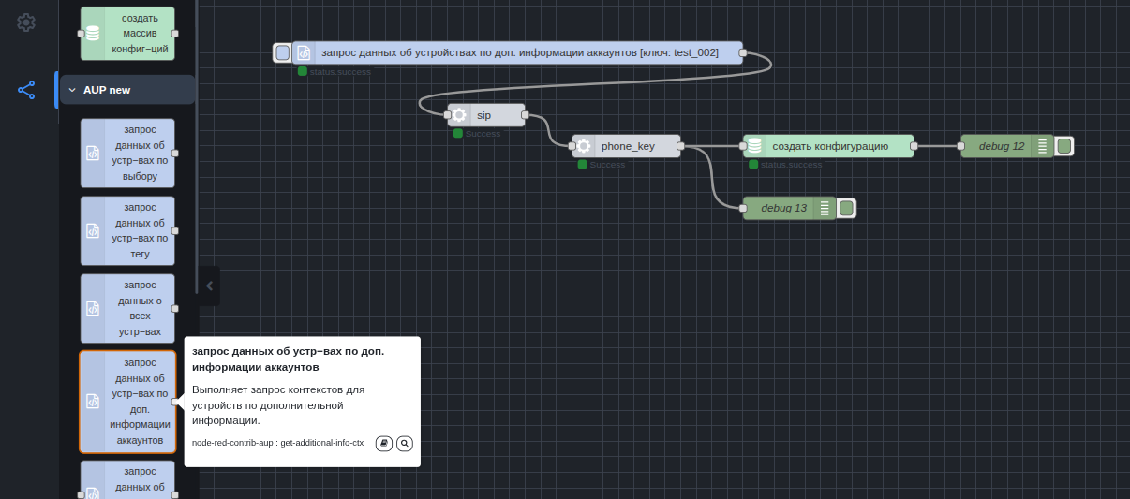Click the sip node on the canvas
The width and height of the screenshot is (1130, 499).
[486, 115]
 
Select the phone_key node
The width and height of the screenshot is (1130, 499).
[627, 146]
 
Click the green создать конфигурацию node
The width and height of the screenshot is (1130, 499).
[829, 146]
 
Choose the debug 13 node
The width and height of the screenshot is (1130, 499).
[783, 208]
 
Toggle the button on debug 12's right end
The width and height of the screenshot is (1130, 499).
[1063, 146]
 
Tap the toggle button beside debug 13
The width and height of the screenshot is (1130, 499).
[846, 208]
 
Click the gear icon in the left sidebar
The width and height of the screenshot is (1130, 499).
[26, 22]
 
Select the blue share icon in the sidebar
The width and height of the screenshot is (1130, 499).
[26, 90]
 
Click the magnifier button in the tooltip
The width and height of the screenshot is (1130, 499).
[405, 443]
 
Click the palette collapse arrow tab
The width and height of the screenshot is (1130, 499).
[209, 286]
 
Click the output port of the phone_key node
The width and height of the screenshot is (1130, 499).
[680, 146]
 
